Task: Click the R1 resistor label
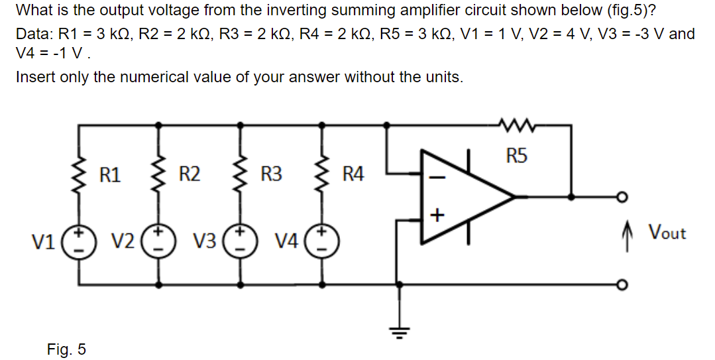[110, 175]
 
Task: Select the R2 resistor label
[190, 175]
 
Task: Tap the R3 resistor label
[271, 175]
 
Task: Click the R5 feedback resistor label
[517, 156]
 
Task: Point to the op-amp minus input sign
[436, 176]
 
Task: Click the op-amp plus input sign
[436, 215]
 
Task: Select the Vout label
[667, 233]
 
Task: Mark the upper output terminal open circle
[622, 197]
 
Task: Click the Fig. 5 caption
[66, 349]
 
